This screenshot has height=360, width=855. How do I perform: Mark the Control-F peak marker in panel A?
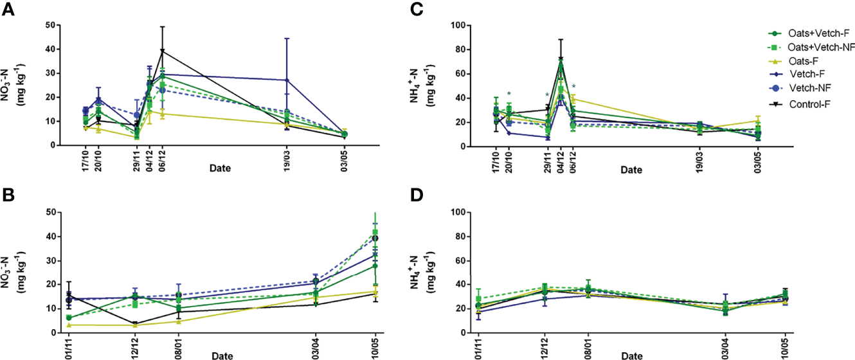[x=163, y=51]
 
